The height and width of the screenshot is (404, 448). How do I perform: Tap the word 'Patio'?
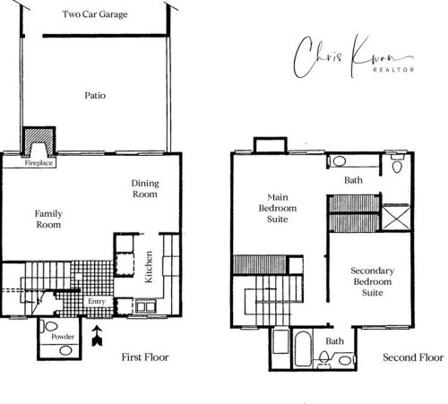pyautogui.click(x=97, y=95)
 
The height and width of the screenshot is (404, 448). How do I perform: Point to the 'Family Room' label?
pyautogui.click(x=48, y=219)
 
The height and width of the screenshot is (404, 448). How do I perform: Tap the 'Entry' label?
pyautogui.click(x=97, y=302)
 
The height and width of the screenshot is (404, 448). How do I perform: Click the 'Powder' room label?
pyautogui.click(x=61, y=336)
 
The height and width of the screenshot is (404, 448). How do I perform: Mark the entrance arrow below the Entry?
pyautogui.click(x=97, y=337)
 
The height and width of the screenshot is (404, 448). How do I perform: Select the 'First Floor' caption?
pyautogui.click(x=144, y=357)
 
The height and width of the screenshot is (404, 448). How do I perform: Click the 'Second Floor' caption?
pyautogui.click(x=412, y=357)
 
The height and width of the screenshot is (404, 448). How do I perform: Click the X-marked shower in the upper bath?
pyautogui.click(x=394, y=218)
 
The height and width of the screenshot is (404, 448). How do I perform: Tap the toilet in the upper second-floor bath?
pyautogui.click(x=397, y=164)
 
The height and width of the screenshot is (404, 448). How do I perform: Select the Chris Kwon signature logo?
pyautogui.click(x=356, y=53)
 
